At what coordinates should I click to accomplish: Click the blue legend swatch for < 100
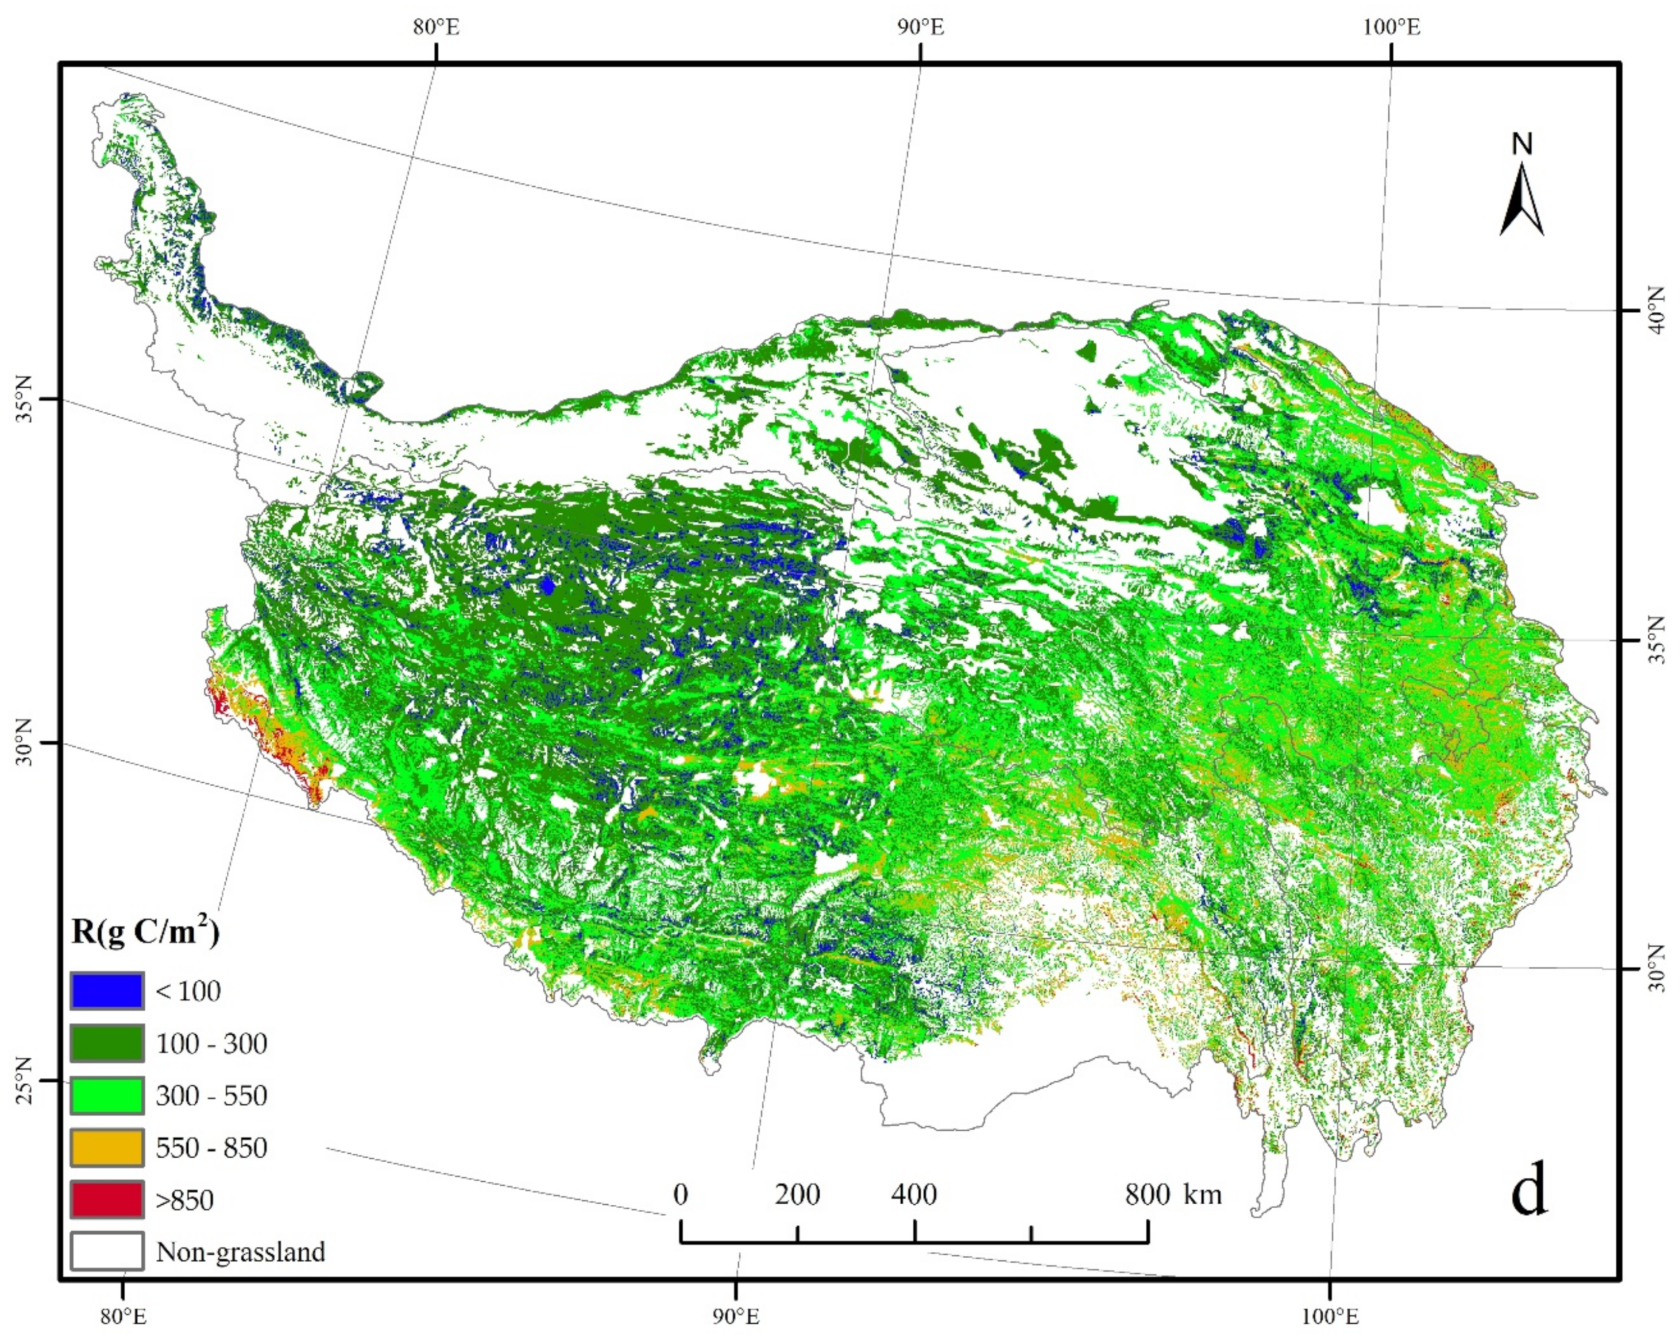pos(107,991)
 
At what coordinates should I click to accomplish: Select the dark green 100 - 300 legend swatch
pos(107,1043)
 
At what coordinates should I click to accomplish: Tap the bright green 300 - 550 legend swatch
pos(107,1095)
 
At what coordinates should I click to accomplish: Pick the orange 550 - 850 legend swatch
pos(107,1147)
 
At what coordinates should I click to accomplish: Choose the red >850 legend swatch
pos(107,1199)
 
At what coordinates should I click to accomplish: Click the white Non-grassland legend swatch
pos(107,1251)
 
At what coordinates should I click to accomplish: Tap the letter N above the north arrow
pos(1522,144)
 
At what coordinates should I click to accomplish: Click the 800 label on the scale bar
pos(1147,1194)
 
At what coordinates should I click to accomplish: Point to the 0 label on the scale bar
pos(680,1194)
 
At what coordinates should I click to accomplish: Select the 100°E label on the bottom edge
pos(1328,1316)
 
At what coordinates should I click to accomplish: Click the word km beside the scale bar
pos(1202,1194)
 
